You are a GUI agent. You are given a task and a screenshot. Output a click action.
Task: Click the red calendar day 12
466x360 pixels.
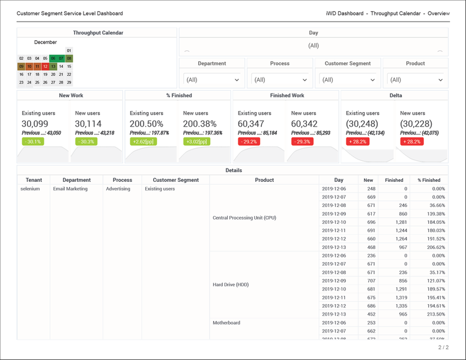pyautogui.click(x=45, y=67)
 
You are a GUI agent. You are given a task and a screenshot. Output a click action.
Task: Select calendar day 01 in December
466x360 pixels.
pyautogui.click(x=69, y=51)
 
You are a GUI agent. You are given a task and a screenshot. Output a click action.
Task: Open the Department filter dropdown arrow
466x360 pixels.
pyautogui.click(x=237, y=80)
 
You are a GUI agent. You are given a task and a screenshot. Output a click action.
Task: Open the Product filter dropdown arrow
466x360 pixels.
pyautogui.click(x=440, y=80)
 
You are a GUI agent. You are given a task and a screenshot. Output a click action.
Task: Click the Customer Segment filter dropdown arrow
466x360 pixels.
pyautogui.click(x=372, y=80)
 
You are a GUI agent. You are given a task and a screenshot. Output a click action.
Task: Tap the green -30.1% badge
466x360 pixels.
pyautogui.click(x=33, y=142)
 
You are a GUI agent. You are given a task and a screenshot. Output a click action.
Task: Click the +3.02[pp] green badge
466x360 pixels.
pyautogui.click(x=196, y=142)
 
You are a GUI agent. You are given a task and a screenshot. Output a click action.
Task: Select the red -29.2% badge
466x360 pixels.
pyautogui.click(x=249, y=142)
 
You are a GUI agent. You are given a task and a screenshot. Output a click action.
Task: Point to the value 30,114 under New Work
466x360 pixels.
pyautogui.click(x=88, y=124)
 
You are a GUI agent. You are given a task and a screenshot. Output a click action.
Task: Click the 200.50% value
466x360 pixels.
pyautogui.click(x=147, y=124)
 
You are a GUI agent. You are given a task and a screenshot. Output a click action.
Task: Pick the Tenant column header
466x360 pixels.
pyautogui.click(x=34, y=180)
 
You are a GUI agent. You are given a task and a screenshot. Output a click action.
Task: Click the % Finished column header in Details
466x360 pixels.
pyautogui.click(x=429, y=180)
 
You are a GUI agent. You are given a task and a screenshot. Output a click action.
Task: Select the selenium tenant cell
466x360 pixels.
pyautogui.click(x=30, y=189)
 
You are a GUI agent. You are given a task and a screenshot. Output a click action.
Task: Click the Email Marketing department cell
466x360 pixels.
pyautogui.click(x=70, y=189)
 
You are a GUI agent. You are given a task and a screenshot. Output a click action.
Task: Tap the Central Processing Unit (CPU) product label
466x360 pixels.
pyautogui.click(x=244, y=218)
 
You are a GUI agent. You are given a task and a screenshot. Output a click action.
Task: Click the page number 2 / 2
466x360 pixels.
pyautogui.click(x=443, y=347)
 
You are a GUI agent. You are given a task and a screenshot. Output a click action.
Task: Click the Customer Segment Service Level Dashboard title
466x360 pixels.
pyautogui.click(x=70, y=13)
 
